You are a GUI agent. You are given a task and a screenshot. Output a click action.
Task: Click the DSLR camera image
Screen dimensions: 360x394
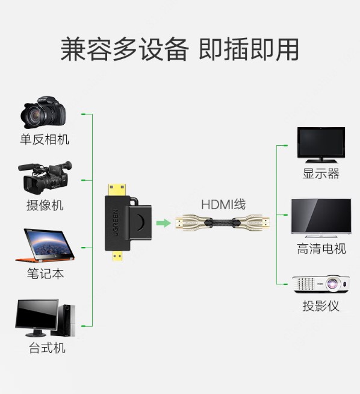coord(43,112)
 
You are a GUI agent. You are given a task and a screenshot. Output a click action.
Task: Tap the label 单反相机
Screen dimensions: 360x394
coord(45,139)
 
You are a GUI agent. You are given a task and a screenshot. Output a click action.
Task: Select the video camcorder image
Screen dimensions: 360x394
coord(45,177)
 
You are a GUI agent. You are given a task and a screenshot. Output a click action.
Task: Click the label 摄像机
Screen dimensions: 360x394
coord(45,205)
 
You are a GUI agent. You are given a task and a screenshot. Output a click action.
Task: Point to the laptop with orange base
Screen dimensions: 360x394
coord(45,245)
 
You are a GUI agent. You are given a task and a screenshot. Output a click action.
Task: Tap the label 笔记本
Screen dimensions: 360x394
coord(45,274)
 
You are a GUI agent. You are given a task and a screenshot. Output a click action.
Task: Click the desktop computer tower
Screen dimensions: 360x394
coord(67,320)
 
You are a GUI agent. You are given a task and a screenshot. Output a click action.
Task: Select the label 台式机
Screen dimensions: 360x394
coord(47,348)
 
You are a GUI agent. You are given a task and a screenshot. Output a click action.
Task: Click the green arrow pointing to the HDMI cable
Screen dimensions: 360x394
coord(163,223)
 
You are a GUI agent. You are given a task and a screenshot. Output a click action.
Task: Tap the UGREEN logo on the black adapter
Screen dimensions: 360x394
coord(115,223)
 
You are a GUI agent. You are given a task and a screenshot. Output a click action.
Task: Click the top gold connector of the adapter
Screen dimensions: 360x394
coord(117,190)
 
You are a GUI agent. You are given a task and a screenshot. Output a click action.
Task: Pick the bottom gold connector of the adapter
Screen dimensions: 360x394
coord(117,256)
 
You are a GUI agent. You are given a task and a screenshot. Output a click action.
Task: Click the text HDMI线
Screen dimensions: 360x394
coord(223,205)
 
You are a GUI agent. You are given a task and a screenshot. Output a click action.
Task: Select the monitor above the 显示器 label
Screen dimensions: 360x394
coord(321,145)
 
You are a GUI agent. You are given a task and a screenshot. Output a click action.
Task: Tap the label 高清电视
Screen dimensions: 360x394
coord(321,249)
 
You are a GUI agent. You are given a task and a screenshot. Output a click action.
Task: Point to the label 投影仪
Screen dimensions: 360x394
coord(321,306)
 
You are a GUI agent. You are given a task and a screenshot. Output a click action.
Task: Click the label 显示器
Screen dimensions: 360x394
coord(321,174)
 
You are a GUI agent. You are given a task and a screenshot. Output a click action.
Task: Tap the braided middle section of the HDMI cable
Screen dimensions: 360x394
coord(222,223)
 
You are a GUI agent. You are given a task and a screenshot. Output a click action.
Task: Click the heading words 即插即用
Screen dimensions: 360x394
coord(249,49)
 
